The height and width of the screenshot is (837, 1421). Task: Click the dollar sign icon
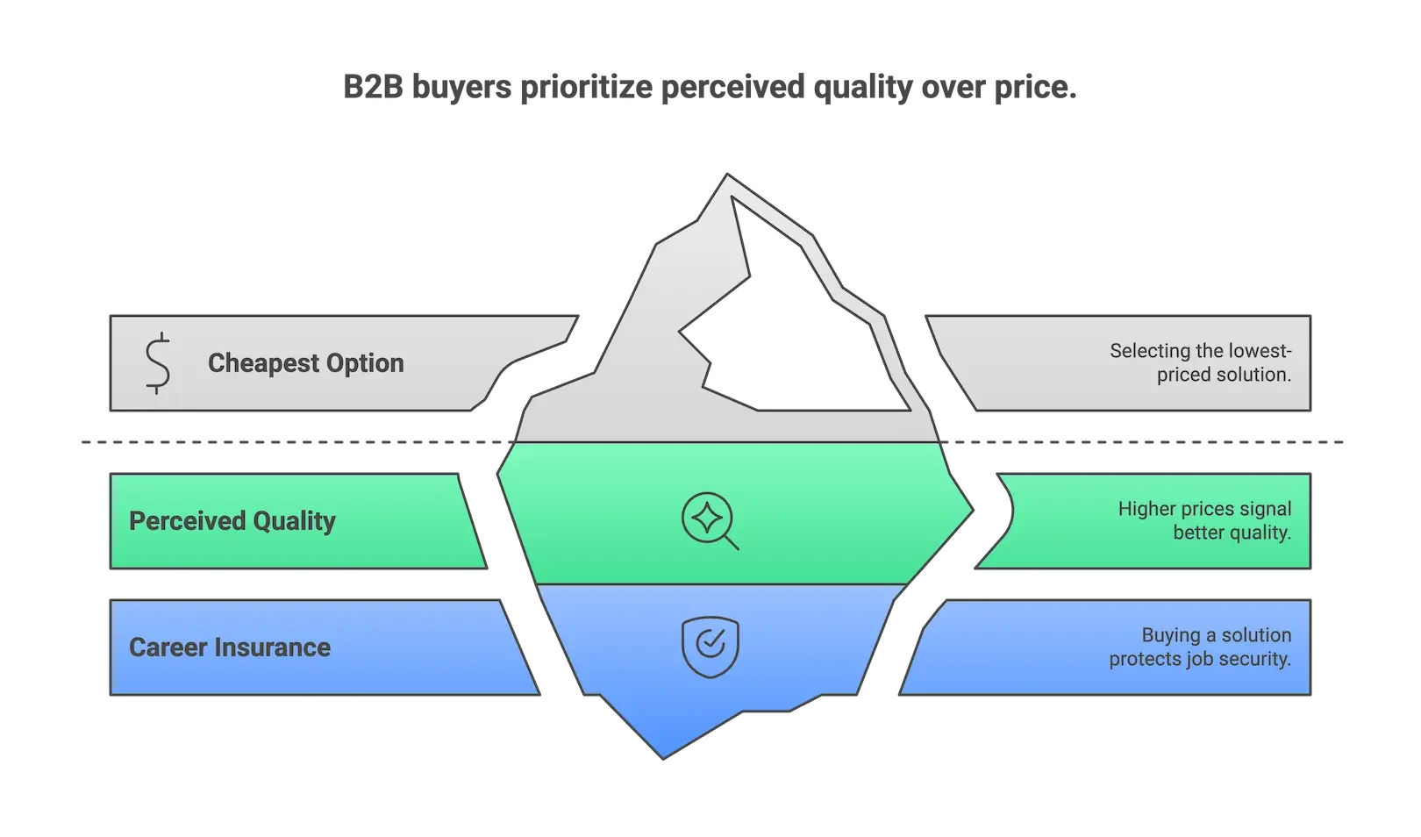pyautogui.click(x=158, y=362)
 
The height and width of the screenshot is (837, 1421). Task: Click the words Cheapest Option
pyautogui.click(x=305, y=362)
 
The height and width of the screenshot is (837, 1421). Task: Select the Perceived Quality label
pyautogui.click(x=232, y=520)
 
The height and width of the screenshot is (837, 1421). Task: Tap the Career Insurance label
pyautogui.click(x=229, y=647)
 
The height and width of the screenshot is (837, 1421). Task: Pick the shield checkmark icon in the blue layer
pyautogui.click(x=710, y=647)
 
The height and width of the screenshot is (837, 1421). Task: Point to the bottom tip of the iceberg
pyautogui.click(x=664, y=752)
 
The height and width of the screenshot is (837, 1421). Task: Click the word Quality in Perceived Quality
pyautogui.click(x=294, y=520)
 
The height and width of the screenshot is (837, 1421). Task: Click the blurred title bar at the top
pyautogui.click(x=709, y=89)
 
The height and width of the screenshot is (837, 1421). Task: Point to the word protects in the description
pyautogui.click(x=1144, y=659)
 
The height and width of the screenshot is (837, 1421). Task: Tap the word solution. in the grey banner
pyautogui.click(x=1253, y=375)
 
